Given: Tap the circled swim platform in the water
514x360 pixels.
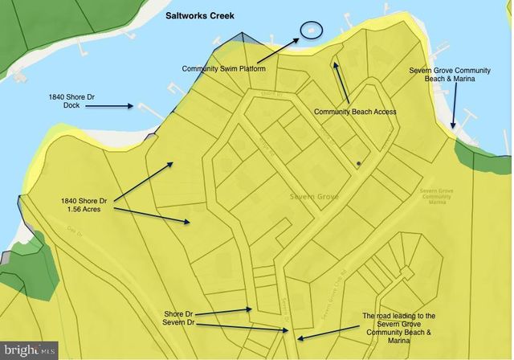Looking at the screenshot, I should click(310, 30).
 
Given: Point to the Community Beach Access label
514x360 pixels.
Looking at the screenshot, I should click(355, 112).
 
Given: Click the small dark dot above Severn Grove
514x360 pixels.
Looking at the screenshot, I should click(358, 163).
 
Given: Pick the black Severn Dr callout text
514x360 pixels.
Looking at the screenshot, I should click(180, 324).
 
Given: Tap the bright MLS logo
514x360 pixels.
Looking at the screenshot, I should click(29, 350).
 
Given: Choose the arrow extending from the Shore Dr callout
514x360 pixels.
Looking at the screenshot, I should click(226, 311).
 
